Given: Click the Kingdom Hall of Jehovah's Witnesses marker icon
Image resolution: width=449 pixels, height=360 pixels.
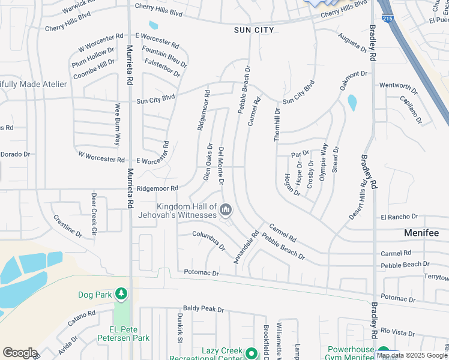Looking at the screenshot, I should click(x=226, y=209).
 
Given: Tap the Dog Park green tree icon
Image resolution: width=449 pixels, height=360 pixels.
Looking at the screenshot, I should click(x=122, y=293).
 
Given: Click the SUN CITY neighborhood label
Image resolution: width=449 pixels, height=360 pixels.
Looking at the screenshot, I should click(x=255, y=30).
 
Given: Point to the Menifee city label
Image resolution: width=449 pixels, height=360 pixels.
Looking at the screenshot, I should click(x=421, y=233).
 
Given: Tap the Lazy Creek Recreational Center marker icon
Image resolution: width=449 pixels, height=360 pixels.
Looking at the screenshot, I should click(x=252, y=353).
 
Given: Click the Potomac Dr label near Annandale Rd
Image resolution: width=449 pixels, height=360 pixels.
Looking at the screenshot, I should click(x=202, y=273).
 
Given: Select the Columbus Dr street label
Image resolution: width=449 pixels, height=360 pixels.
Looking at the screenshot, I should click(x=209, y=240).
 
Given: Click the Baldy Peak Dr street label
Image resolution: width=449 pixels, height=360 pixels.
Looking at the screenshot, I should click(x=203, y=310).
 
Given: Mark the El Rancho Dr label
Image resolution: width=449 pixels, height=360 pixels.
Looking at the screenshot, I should click(x=399, y=217).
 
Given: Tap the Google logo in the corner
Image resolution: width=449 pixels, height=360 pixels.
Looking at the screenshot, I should click(x=19, y=353).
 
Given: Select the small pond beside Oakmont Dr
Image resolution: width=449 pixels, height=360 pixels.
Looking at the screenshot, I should click(x=352, y=103).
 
